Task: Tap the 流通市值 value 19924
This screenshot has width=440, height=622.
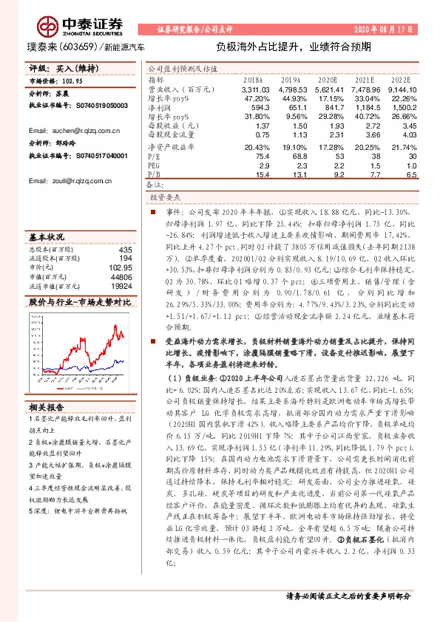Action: [x=121, y=285]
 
